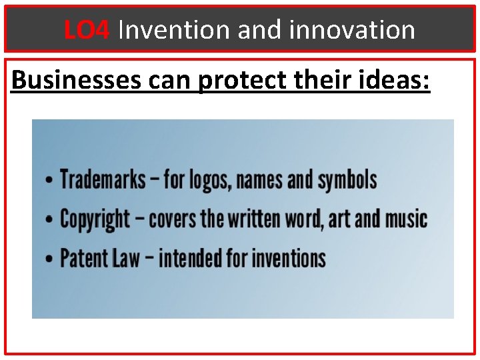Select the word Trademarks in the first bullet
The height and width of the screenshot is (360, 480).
tap(103, 179)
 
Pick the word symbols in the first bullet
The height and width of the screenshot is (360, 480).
tap(347, 180)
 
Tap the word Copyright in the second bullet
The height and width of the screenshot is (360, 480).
tap(95, 219)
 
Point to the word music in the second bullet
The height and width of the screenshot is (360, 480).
tap(405, 219)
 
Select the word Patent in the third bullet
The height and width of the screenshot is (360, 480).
tap(85, 258)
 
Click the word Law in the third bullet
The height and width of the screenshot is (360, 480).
tap(126, 258)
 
